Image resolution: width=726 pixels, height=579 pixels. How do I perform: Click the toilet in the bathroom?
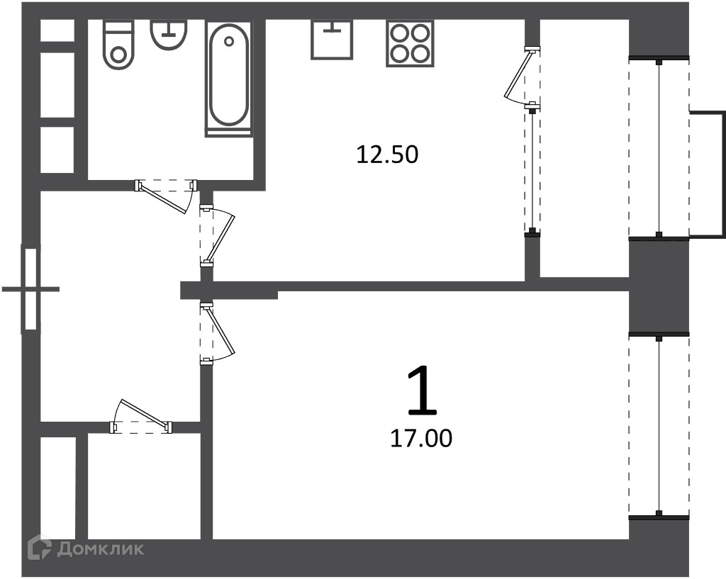click(119, 45)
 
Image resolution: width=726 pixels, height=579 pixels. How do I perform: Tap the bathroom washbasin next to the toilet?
click(169, 34)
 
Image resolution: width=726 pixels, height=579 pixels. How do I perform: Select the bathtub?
click(228, 78)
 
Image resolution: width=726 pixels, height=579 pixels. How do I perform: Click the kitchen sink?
click(331, 39)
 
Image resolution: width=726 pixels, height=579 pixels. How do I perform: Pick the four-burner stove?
click(410, 43)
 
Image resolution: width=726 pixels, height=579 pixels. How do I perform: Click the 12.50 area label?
click(387, 154)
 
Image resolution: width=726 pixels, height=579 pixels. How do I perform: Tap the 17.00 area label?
click(421, 438)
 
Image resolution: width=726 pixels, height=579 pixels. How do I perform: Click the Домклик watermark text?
click(101, 549)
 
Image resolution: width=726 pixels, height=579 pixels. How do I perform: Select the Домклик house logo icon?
click(40, 547)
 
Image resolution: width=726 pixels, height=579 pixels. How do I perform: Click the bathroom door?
click(166, 194)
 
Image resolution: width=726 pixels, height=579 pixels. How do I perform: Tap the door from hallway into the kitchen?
click(217, 236)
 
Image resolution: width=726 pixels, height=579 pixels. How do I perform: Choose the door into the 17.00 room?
click(217, 333)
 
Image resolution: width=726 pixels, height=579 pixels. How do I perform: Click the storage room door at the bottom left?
click(141, 416)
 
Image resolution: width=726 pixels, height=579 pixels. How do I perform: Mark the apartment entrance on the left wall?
click(30, 289)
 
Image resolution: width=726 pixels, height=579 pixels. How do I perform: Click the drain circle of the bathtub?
click(229, 42)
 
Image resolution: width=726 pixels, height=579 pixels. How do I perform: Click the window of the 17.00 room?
click(659, 425)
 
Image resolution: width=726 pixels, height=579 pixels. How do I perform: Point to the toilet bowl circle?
click(119, 55)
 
